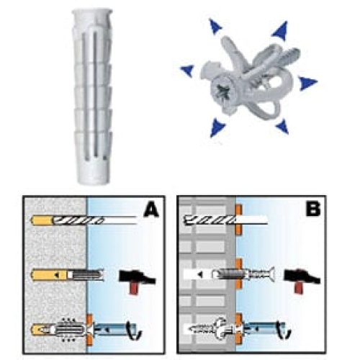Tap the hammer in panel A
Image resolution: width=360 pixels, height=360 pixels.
tap(137, 281)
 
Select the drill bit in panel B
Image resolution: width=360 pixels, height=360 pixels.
tap(225, 220)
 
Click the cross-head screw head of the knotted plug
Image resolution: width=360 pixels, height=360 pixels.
tap(222, 93)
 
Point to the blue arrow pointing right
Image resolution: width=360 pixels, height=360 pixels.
tap(307, 83)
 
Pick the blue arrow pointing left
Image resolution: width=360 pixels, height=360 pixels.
tap(187, 71)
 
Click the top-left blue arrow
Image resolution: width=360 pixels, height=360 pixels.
tap(215, 26)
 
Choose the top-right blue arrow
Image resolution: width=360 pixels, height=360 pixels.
tap(281, 31)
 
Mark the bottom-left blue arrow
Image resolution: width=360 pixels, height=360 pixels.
tap(217, 127)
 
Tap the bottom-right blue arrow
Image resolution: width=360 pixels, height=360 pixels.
tap(282, 126)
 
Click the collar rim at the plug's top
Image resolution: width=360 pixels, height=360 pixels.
tap(92, 12)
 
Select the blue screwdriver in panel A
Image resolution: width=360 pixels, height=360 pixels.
tap(117, 329)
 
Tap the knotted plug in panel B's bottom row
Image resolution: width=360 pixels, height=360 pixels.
tap(214, 327)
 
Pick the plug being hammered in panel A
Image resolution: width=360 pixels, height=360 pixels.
tap(85, 275)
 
